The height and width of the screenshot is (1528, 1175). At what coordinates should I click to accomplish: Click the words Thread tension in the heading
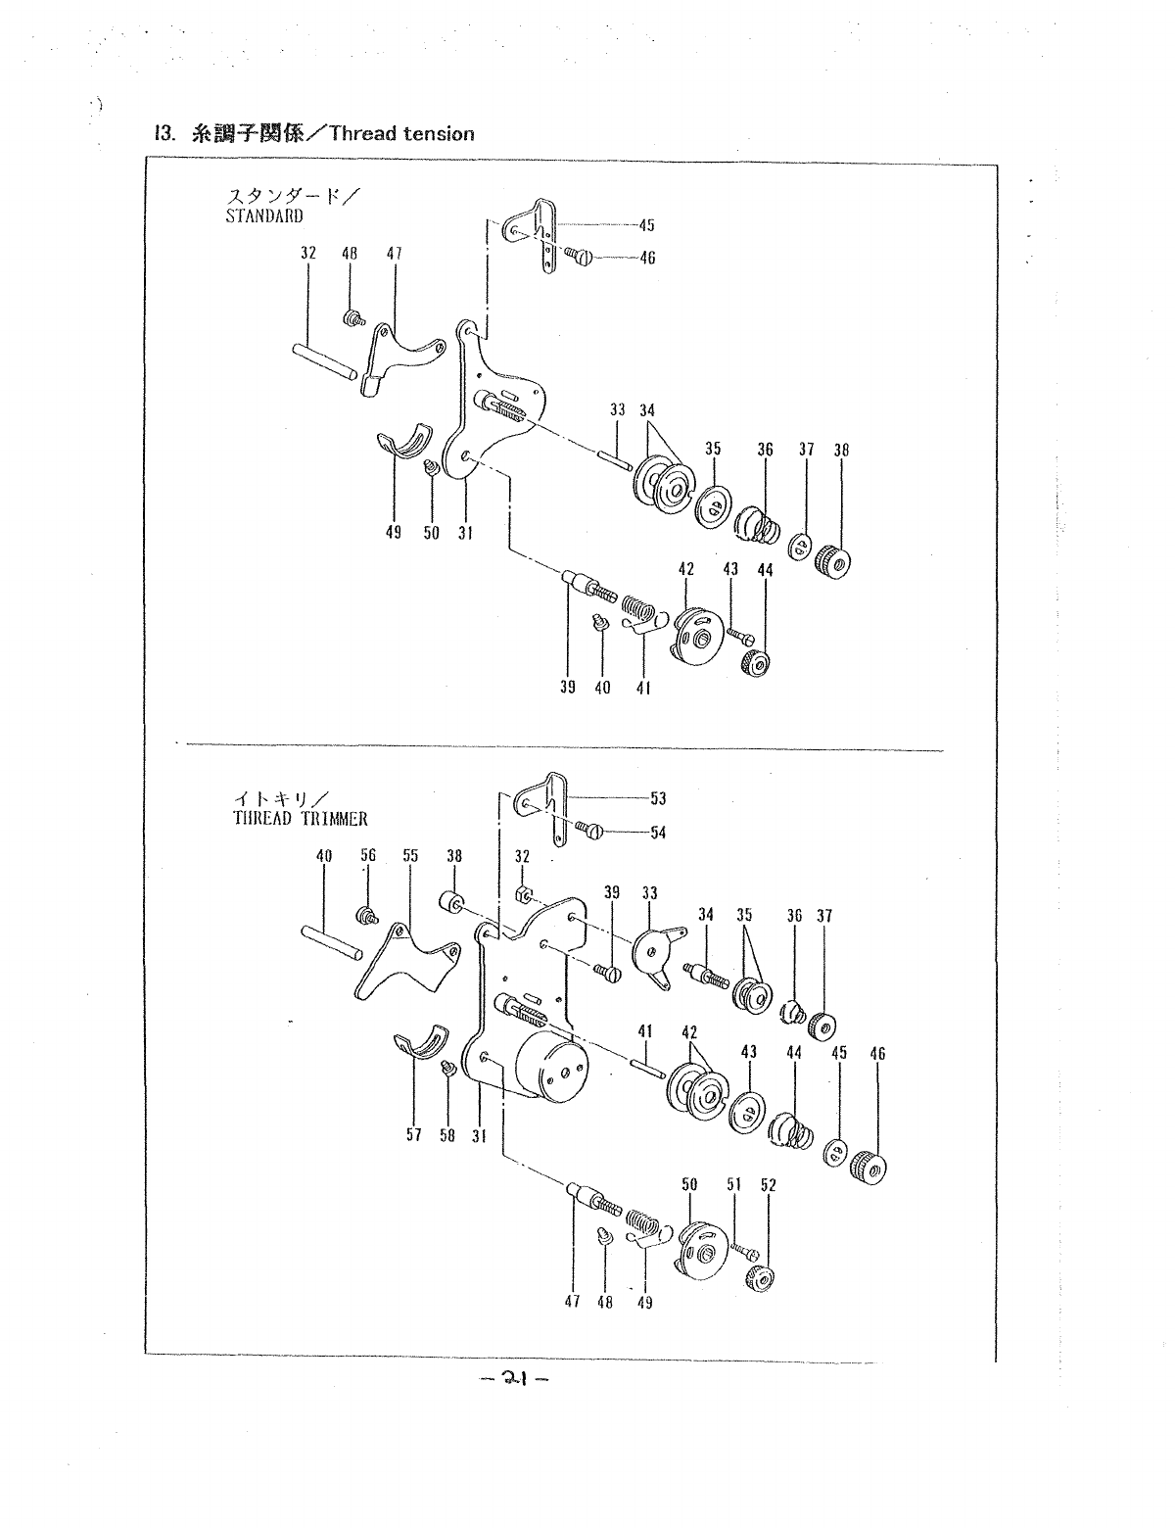tap(401, 134)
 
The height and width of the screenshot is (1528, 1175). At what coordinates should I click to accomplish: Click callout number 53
tap(658, 798)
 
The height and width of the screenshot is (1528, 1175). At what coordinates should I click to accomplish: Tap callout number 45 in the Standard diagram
tap(646, 225)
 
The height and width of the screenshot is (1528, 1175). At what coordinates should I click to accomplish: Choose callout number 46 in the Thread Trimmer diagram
tap(877, 1054)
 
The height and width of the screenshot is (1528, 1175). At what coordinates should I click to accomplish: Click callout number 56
tap(368, 855)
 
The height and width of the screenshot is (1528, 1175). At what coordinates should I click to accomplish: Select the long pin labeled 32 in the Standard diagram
tap(326, 360)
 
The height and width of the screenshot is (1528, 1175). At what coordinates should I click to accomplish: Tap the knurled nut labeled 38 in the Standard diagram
tap(833, 561)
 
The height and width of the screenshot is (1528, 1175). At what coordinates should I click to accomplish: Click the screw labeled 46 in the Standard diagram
tap(580, 258)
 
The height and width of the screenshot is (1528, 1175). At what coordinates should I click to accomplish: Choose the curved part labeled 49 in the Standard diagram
tap(405, 440)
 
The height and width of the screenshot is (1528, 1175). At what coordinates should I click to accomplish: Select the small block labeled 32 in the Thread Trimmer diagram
tap(525, 893)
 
